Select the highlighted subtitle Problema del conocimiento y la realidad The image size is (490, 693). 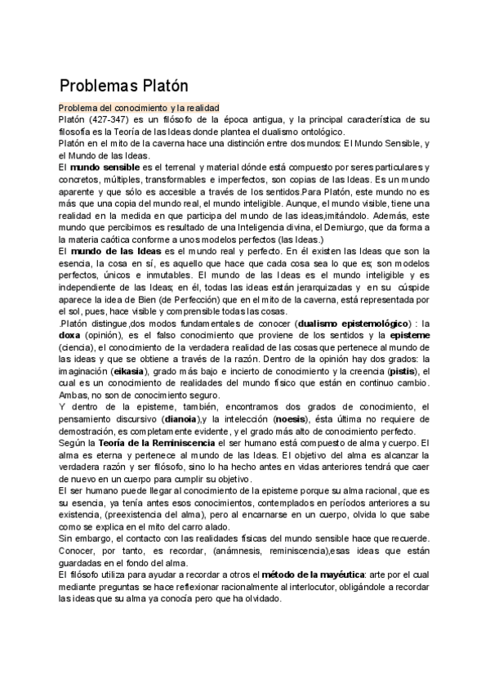click(x=144, y=108)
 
